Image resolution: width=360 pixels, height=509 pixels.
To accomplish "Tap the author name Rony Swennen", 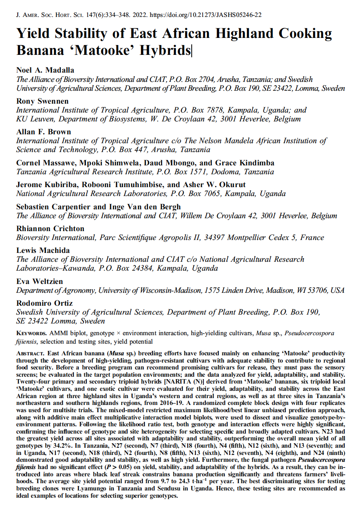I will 42,101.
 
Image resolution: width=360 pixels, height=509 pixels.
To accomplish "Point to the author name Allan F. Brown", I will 43,132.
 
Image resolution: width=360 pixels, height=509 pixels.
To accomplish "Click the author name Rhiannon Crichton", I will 50,229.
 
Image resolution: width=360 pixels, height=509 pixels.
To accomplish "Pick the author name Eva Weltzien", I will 40,282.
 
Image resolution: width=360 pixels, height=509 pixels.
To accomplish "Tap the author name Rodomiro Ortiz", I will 44,303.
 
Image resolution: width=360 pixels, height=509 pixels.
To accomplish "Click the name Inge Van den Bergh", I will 145,207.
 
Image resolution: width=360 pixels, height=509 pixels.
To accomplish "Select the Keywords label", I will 31,334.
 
